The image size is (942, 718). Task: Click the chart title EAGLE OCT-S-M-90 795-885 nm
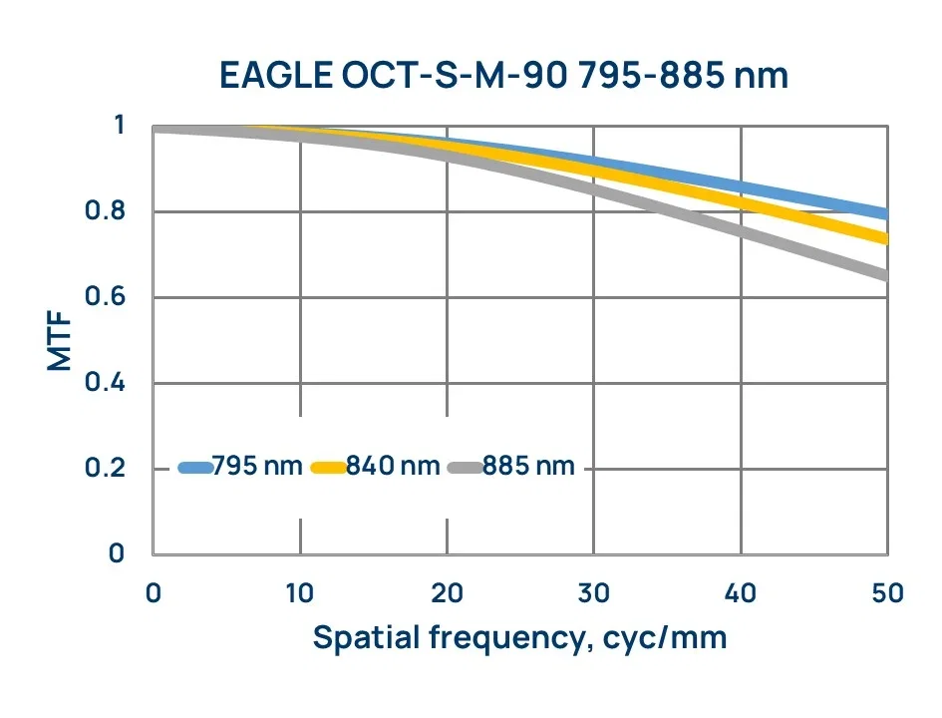[x=503, y=76]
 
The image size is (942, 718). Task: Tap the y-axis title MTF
[x=60, y=341]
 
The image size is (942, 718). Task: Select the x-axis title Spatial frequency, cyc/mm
[x=519, y=638]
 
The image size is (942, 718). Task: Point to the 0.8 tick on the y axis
[x=105, y=210]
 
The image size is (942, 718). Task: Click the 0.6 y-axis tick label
[x=105, y=297]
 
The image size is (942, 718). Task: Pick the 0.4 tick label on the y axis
[x=105, y=382]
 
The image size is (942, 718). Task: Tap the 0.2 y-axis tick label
[x=105, y=468]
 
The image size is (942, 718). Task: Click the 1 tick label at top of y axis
[x=119, y=125]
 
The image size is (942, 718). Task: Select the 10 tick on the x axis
[x=299, y=593]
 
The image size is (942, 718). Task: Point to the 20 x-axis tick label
[x=447, y=593]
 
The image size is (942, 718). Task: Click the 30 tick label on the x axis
[x=593, y=593]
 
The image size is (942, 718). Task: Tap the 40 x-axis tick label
[x=740, y=593]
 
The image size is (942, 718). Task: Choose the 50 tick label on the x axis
[x=887, y=593]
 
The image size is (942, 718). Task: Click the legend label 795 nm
[x=257, y=466]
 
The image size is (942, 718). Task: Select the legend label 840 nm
[x=393, y=466]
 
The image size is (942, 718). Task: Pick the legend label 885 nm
[x=528, y=466]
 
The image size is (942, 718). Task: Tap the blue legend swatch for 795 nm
[x=195, y=468]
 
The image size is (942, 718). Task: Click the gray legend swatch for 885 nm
[x=466, y=468]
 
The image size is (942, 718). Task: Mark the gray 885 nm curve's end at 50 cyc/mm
[x=885, y=276]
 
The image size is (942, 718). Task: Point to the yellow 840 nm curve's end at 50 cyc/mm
[x=885, y=239]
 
